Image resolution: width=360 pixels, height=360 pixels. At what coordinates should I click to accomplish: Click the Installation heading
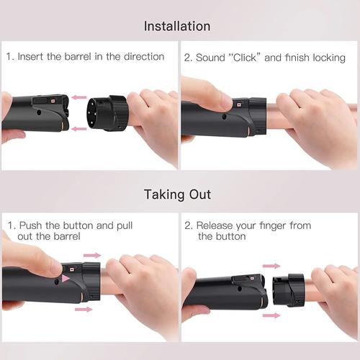[177, 26]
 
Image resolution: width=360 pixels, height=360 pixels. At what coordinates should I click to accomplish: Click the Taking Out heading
[177, 194]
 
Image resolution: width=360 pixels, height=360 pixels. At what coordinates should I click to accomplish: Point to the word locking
[325, 56]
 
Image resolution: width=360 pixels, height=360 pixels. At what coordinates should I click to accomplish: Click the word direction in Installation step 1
[143, 56]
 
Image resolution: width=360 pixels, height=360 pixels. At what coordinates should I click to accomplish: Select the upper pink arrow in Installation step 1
[78, 97]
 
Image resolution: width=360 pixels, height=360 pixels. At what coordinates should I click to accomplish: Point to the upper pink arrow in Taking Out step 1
[93, 255]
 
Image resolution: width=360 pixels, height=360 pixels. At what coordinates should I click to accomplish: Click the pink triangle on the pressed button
[67, 279]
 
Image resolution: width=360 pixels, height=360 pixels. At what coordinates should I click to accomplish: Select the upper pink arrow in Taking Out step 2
[271, 266]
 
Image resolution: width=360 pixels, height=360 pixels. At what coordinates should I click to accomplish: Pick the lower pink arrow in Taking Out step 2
[271, 315]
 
